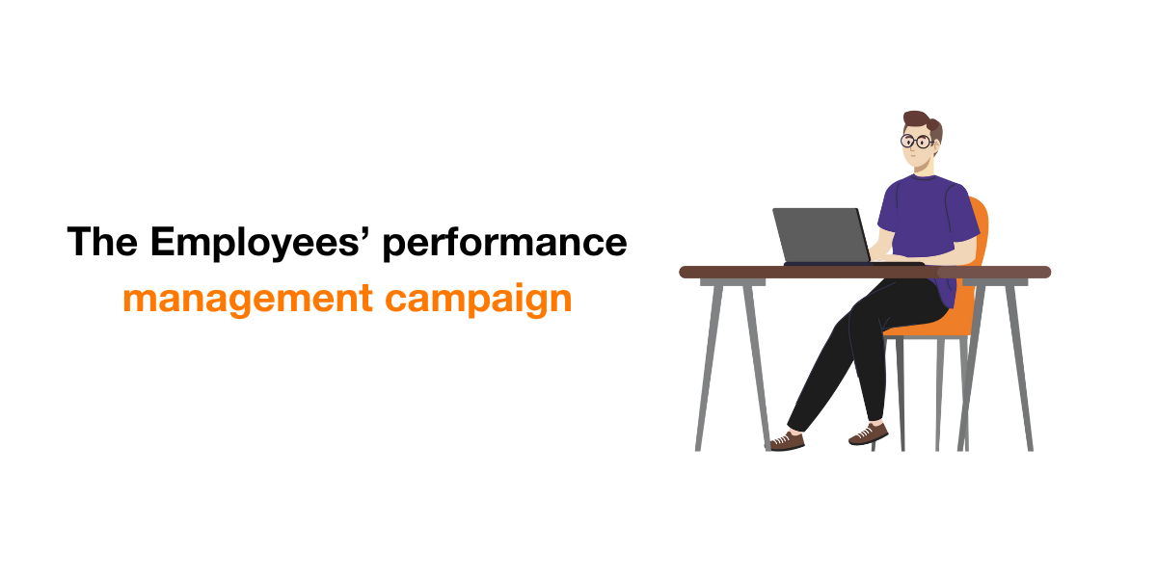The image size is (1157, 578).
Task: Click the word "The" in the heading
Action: [x=102, y=241]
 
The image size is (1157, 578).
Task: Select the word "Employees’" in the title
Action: [x=256, y=243]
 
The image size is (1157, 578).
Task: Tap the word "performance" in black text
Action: [x=504, y=244]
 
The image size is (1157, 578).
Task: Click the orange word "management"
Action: [x=248, y=300]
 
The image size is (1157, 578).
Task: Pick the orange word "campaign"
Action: [x=478, y=300]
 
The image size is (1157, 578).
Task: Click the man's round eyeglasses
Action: [x=916, y=141]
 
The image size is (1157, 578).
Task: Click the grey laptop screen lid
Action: [x=821, y=235]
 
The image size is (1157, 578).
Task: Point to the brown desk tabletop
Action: [x=865, y=272]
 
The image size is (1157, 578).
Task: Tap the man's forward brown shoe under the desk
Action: [x=785, y=442]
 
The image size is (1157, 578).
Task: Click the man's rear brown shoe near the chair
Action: [x=869, y=434]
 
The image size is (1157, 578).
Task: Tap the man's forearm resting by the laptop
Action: [x=929, y=256]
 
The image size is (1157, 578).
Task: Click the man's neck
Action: [x=927, y=168]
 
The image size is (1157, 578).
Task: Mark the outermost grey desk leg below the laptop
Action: [x=709, y=367]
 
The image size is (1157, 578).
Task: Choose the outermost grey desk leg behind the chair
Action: [x=1018, y=367]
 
